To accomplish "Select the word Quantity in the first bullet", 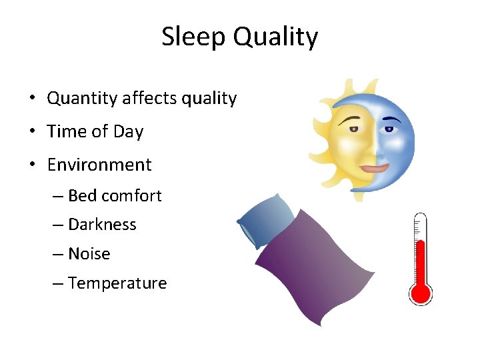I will tap(82, 99).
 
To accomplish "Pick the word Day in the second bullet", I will tap(128, 132).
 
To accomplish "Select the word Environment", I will tap(99, 165).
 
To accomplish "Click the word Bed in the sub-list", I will tap(82, 196).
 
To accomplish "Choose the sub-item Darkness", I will tap(102, 225).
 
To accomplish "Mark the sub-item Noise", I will tap(89, 254).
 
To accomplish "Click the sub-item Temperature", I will tap(117, 283).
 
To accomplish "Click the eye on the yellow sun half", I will tap(351, 129).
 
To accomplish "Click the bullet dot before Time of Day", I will tap(32, 132).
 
